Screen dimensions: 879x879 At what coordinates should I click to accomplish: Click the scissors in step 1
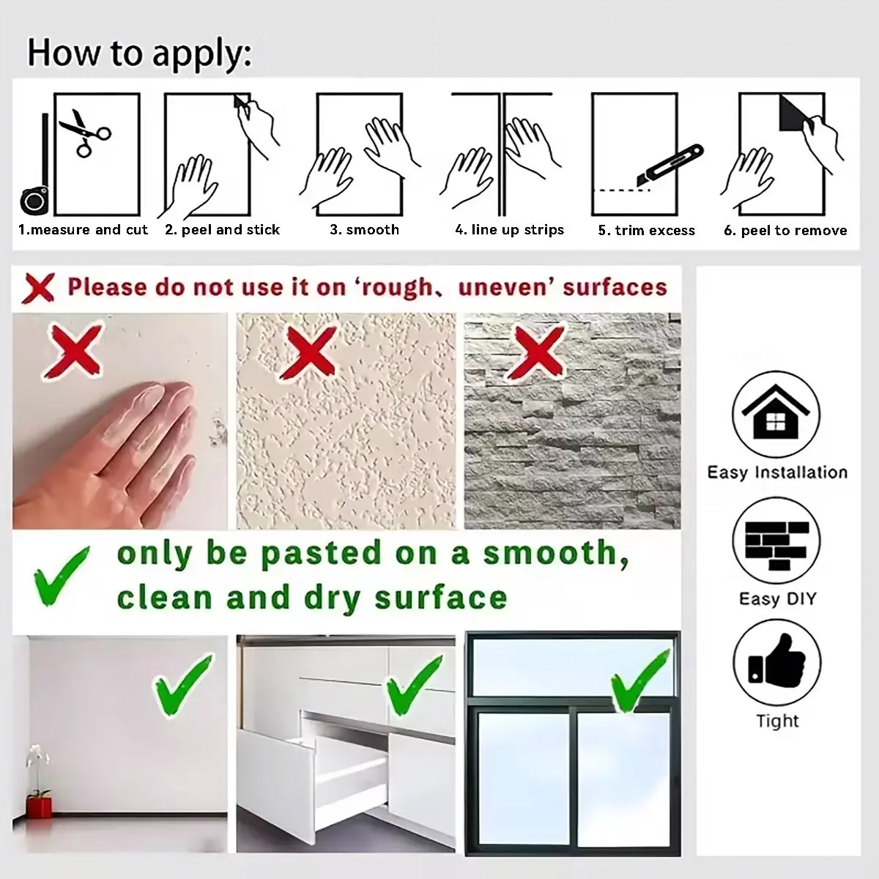click(85, 133)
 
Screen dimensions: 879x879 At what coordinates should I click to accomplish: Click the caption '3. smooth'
click(365, 229)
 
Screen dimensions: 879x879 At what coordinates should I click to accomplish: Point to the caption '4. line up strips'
click(510, 229)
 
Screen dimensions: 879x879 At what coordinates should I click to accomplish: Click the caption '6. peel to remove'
click(785, 230)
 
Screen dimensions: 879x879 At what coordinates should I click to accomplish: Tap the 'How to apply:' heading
click(139, 53)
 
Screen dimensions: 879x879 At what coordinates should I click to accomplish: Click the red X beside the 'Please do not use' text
click(40, 288)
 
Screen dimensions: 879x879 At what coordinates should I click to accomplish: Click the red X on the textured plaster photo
click(310, 352)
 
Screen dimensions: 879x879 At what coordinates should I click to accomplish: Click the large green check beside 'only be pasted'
click(61, 576)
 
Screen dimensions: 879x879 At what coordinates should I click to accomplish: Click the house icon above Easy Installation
click(776, 414)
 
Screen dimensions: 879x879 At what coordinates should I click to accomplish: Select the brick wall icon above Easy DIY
click(776, 541)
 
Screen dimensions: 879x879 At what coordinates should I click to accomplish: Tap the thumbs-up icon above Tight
click(777, 662)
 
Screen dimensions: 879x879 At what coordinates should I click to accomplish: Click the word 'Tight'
click(777, 722)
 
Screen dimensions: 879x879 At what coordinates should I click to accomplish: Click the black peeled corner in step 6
click(794, 113)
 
